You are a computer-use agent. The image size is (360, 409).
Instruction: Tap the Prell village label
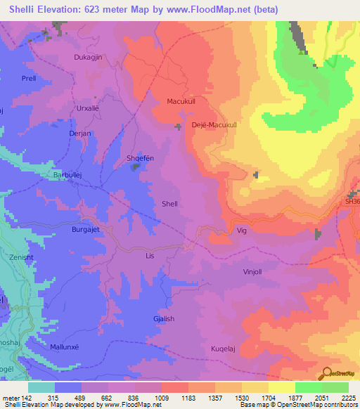pyautogui.click(x=28, y=79)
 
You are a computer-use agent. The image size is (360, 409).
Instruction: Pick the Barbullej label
pyautogui.click(x=69, y=175)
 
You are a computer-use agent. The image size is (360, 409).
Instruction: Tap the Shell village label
pyautogui.click(x=170, y=204)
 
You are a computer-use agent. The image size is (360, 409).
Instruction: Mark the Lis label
pyautogui.click(x=149, y=257)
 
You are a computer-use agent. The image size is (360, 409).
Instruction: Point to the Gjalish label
pyautogui.click(x=164, y=299)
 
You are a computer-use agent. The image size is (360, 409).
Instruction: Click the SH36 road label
pyautogui.click(x=352, y=202)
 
